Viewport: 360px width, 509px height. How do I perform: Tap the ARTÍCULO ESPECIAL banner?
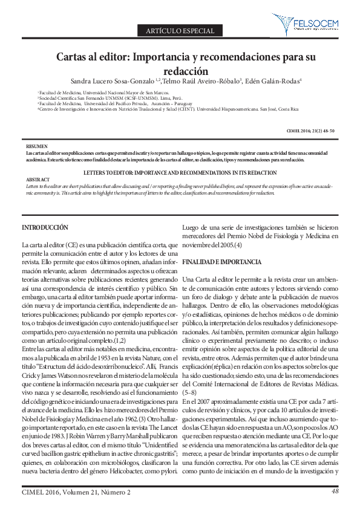[x=180, y=30]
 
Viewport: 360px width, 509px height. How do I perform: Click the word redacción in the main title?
[x=180, y=70]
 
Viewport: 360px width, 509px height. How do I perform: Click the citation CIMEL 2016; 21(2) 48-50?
[x=310, y=131]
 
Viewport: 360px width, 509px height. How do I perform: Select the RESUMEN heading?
[x=38, y=147]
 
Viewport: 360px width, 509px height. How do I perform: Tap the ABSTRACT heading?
[x=38, y=180]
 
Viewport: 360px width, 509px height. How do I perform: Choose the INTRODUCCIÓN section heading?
[x=45, y=227]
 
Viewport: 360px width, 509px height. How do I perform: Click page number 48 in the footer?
[x=335, y=491]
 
